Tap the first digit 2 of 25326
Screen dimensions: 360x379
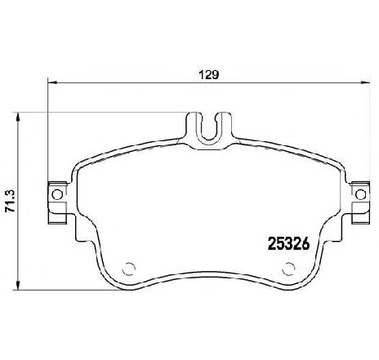click(x=274, y=242)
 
